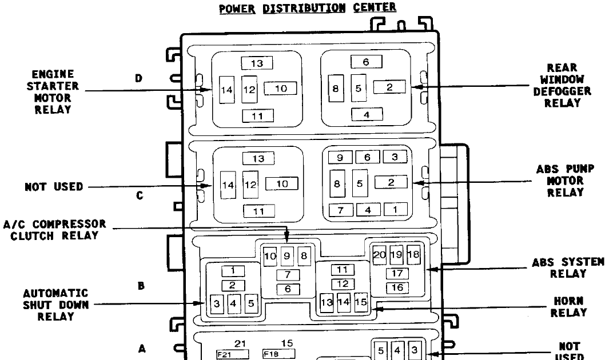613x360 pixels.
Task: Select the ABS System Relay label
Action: [568, 267]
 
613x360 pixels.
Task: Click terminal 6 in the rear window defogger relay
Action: [366, 61]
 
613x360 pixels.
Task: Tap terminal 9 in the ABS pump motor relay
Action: [339, 157]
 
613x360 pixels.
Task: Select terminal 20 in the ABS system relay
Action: [380, 255]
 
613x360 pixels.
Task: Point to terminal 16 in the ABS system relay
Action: [397, 287]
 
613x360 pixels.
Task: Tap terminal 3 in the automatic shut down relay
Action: [217, 303]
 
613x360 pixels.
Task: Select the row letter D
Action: [138, 78]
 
